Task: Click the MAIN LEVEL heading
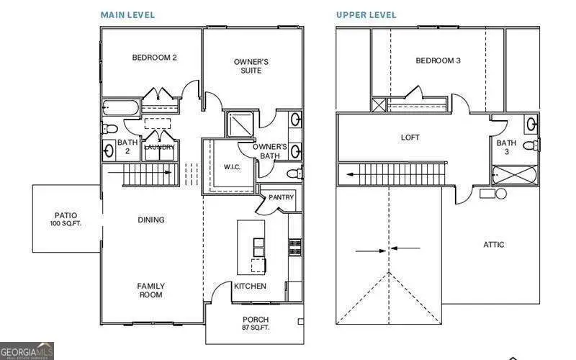click(127, 15)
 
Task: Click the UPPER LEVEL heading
click(366, 15)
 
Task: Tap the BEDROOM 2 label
click(154, 58)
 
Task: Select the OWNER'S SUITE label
click(251, 66)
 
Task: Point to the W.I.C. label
click(232, 167)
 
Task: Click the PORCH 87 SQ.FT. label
click(256, 323)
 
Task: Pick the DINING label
click(151, 220)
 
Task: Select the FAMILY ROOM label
click(150, 290)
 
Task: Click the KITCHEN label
click(250, 286)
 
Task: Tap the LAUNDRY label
click(159, 148)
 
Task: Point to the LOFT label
click(410, 138)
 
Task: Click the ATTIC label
click(493, 245)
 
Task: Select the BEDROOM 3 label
click(438, 60)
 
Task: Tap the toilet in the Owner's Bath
click(294, 174)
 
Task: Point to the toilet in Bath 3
click(529, 146)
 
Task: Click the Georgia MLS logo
click(27, 350)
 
